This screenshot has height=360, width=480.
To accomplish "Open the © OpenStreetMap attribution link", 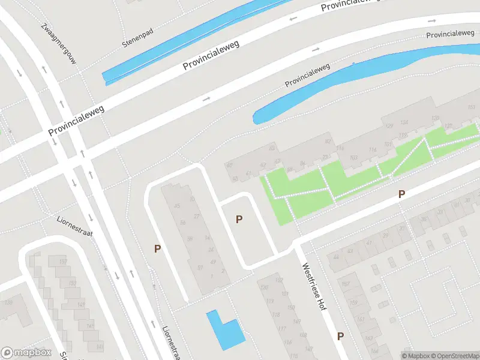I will tap(454, 356).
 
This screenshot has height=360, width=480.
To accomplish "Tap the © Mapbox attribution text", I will tap(415, 356).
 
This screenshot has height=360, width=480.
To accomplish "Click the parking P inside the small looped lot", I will tap(239, 220).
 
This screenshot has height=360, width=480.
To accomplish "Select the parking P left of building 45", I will tap(157, 248).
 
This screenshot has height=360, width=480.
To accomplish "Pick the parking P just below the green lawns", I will tap(402, 194).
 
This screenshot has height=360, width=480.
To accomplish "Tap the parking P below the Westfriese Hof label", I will tap(340, 336).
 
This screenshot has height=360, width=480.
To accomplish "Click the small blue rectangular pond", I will tap(224, 330).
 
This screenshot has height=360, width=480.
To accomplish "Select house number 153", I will tap(73, 283).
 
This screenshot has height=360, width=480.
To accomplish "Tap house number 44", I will tap(335, 257).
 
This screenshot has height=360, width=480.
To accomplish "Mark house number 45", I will tap(176, 206).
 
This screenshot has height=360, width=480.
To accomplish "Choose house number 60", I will tap(229, 165).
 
